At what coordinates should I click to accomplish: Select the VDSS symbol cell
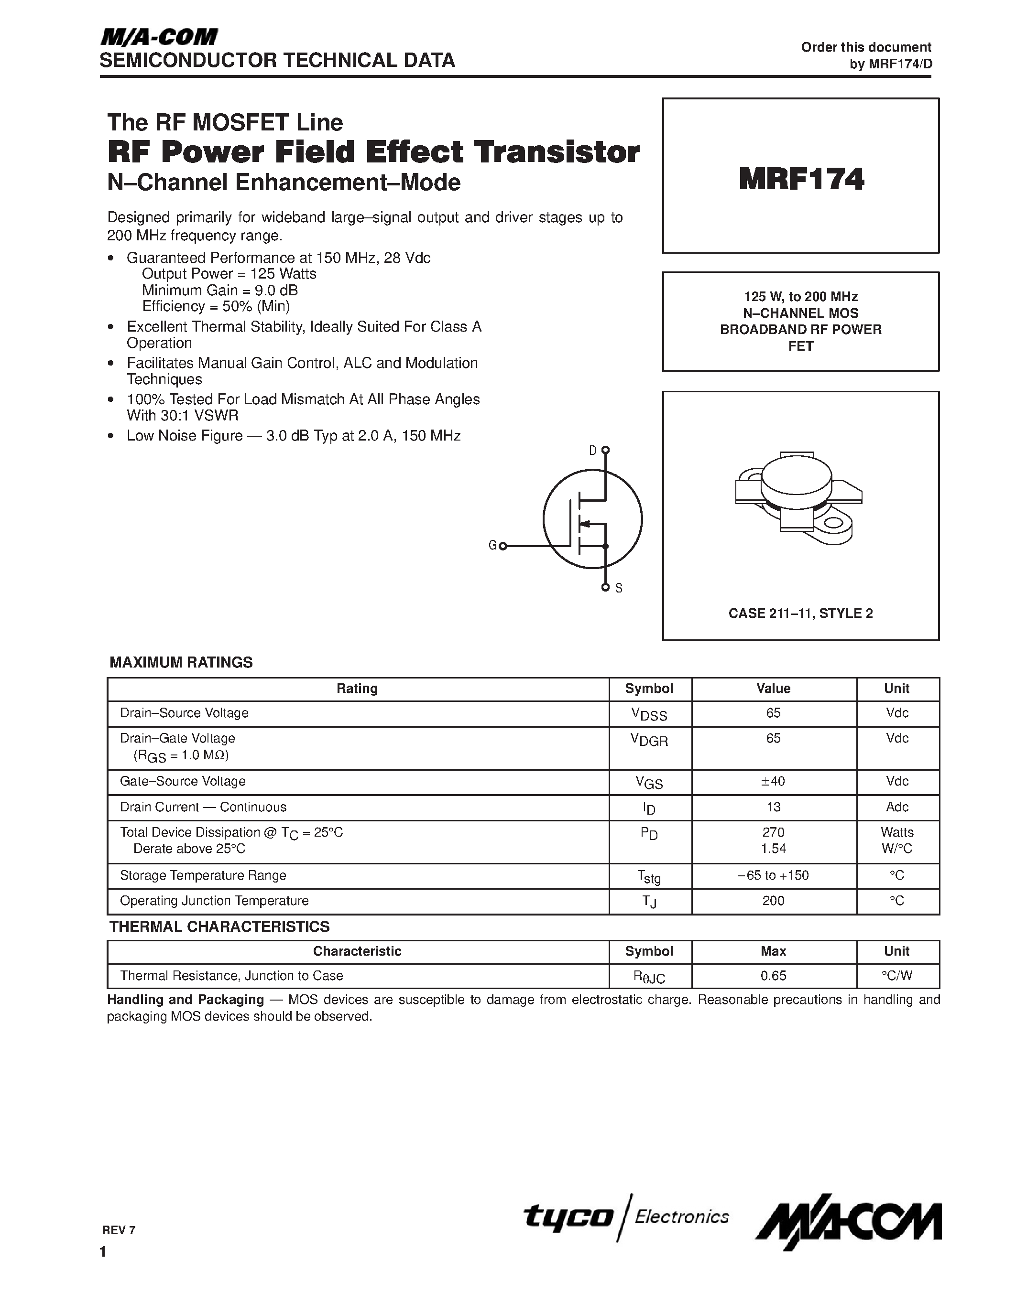tap(649, 713)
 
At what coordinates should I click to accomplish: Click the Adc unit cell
tap(897, 807)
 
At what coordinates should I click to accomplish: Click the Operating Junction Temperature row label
tap(214, 901)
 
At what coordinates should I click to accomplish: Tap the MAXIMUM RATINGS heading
tap(181, 662)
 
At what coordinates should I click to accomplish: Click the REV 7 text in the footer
tap(119, 1230)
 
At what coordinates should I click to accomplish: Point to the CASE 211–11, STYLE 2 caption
tap(800, 613)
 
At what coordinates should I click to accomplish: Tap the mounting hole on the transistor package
tap(834, 523)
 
